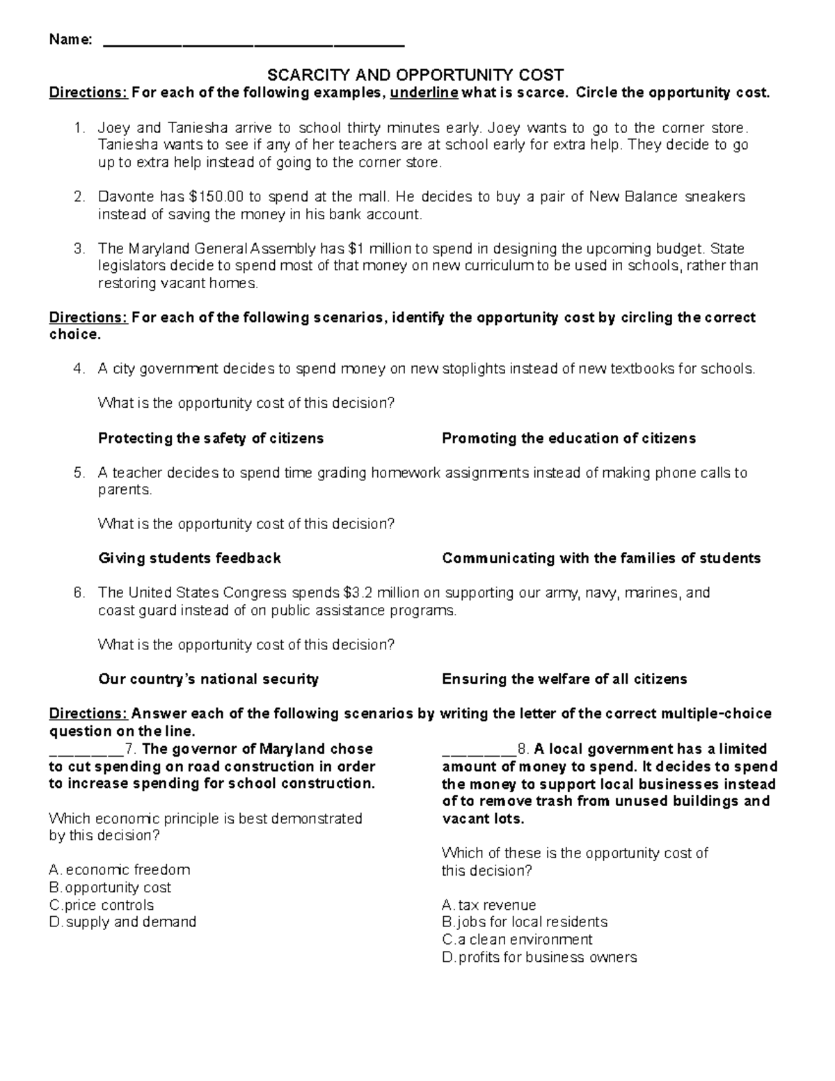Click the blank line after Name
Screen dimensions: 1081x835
tap(253, 42)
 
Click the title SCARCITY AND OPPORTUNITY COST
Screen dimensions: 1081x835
tap(415, 75)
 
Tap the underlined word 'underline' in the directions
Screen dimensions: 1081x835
tap(424, 93)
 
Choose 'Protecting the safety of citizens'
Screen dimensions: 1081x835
tap(211, 439)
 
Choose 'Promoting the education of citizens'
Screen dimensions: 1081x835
tap(568, 439)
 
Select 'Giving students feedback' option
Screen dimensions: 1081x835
tap(189, 558)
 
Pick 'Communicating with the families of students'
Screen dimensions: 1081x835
tap(601, 558)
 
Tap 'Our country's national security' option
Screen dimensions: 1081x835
tap(208, 679)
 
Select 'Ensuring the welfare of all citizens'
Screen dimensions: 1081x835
tap(564, 679)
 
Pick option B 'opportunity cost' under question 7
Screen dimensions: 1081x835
tap(111, 887)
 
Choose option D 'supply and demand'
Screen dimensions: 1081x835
tap(123, 922)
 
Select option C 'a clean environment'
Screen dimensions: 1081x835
tap(517, 940)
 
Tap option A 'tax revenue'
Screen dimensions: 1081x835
tap(489, 906)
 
